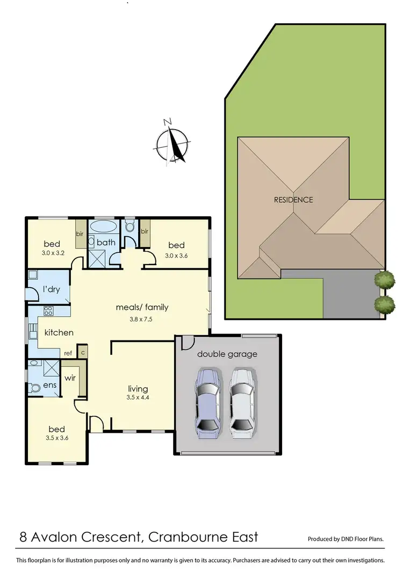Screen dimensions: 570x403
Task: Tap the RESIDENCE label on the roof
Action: [293, 199]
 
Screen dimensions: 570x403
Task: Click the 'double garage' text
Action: [227, 354]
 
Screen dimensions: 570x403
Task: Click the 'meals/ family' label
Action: [142, 308]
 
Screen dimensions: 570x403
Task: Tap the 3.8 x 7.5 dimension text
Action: [142, 318]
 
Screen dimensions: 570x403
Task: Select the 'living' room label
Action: [138, 389]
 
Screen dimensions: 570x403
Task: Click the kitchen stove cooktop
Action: [47, 310]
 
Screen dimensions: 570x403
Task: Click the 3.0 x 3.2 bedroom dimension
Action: [52, 252]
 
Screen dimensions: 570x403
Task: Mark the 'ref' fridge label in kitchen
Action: [68, 353]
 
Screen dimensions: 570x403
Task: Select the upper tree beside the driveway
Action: [384, 280]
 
